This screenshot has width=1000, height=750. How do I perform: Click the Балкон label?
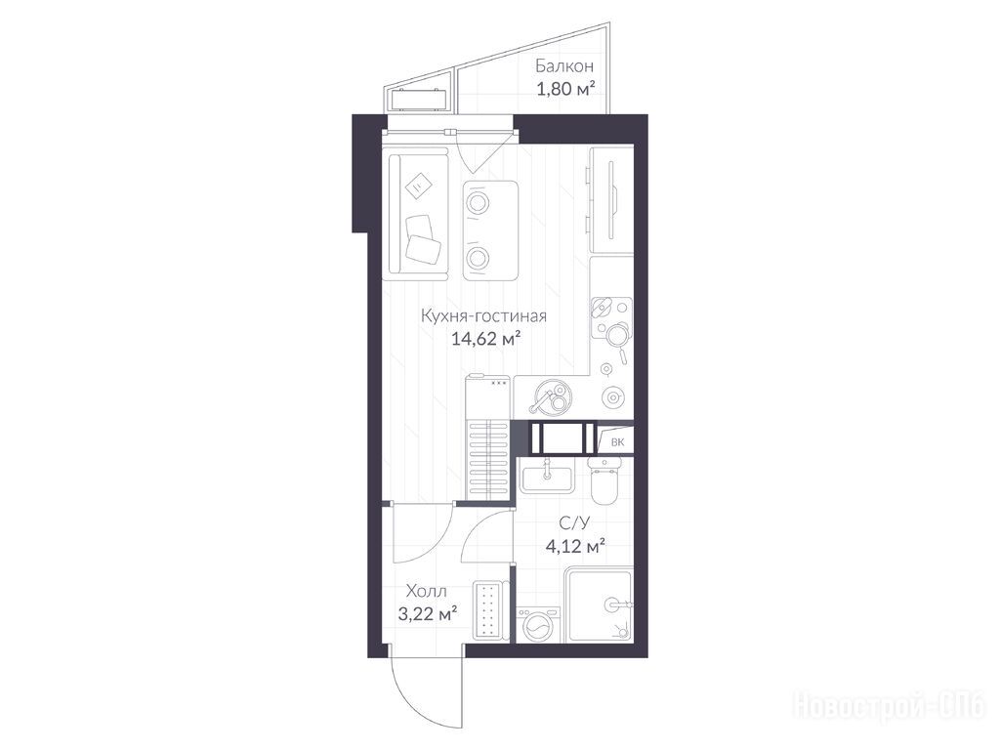[564, 66]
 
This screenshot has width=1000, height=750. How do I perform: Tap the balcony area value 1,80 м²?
[566, 89]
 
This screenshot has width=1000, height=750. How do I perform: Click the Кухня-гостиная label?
[484, 315]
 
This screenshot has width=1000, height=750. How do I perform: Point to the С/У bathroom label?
[574, 523]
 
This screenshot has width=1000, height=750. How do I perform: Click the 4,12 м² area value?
[575, 546]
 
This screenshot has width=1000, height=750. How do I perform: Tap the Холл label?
[427, 591]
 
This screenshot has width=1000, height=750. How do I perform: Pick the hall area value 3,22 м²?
[428, 614]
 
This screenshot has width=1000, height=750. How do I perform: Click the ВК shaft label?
[617, 442]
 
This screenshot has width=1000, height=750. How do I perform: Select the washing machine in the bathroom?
[539, 624]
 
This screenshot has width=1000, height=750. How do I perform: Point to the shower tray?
[600, 605]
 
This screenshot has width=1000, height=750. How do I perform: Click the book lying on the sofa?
[418, 186]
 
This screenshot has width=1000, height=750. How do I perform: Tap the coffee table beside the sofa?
[490, 230]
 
